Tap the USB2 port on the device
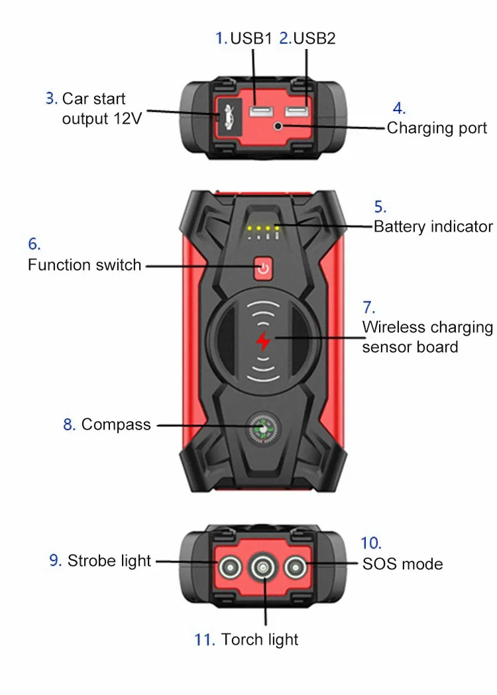[298, 112]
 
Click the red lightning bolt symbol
[263, 342]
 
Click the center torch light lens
[263, 567]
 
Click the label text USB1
[251, 38]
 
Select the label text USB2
[314, 38]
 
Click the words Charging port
[437, 128]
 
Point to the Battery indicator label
[433, 226]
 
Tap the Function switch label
[84, 265]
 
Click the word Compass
[116, 424]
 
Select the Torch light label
[260, 639]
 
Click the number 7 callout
[368, 307]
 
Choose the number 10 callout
[371, 543]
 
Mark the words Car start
[93, 99]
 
